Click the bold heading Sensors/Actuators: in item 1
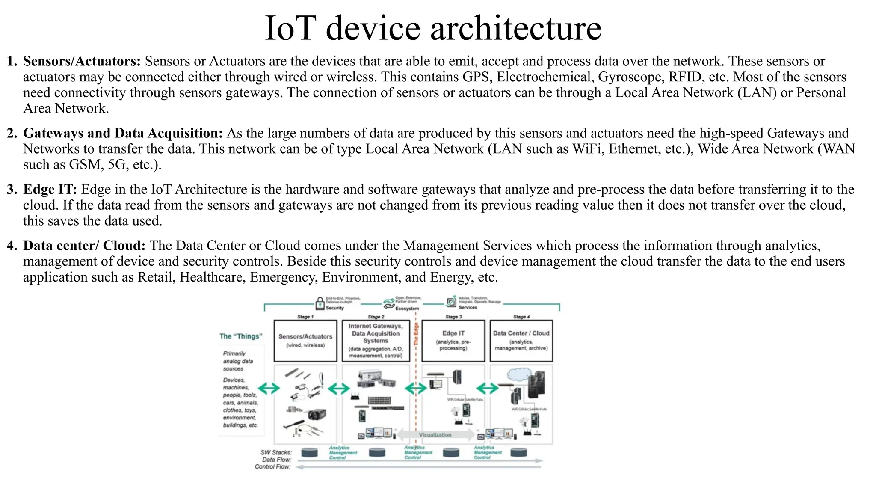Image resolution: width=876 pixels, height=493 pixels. coord(82,61)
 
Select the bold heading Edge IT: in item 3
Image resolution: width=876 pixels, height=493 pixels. coord(50,189)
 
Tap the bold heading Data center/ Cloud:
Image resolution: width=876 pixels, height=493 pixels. coord(84,246)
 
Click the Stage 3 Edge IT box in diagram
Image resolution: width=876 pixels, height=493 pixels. coord(453,341)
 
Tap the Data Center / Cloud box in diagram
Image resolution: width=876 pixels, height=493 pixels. coord(521,341)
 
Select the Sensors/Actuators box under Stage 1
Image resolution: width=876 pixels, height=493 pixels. coord(305,341)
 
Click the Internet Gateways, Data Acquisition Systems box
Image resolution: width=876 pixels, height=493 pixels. coord(376,341)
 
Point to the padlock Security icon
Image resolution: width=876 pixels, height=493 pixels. coord(320,303)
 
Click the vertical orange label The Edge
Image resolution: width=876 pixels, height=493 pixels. coord(416,334)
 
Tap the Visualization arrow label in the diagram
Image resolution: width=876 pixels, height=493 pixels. coord(435,435)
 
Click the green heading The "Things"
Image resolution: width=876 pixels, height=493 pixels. coord(241,336)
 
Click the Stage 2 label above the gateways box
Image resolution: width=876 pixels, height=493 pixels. coord(376,317)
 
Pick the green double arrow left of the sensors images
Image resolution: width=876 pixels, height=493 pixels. coord(269,388)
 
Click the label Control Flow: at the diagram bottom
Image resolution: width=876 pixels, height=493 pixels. coord(272,467)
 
